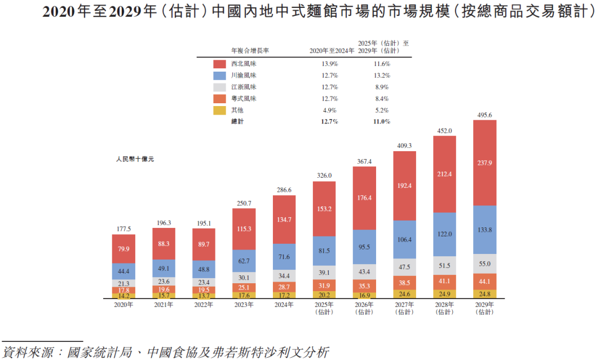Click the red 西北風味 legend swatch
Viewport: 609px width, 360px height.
tap(220, 64)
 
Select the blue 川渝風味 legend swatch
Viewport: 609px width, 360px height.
tap(220, 76)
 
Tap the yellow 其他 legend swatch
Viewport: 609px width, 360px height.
tap(220, 110)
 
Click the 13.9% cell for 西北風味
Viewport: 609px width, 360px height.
tap(329, 64)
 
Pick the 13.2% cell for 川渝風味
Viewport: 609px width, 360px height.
tap(381, 76)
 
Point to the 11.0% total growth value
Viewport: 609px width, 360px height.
tap(381, 122)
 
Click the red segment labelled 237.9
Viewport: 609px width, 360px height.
tap(484, 163)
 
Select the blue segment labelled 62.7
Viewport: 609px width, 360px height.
tap(244, 261)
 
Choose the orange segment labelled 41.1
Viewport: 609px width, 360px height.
tap(444, 281)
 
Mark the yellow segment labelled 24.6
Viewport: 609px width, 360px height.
tap(404, 294)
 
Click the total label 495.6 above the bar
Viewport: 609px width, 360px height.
tap(484, 115)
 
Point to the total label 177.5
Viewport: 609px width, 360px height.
tap(123, 229)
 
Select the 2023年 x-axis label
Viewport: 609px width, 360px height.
tap(244, 305)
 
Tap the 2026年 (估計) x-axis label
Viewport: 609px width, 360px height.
tap(364, 308)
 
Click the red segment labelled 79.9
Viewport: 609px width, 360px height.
tap(123, 249)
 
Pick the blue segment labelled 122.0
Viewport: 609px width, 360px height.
tap(444, 234)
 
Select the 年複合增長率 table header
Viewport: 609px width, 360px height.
tap(250, 50)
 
